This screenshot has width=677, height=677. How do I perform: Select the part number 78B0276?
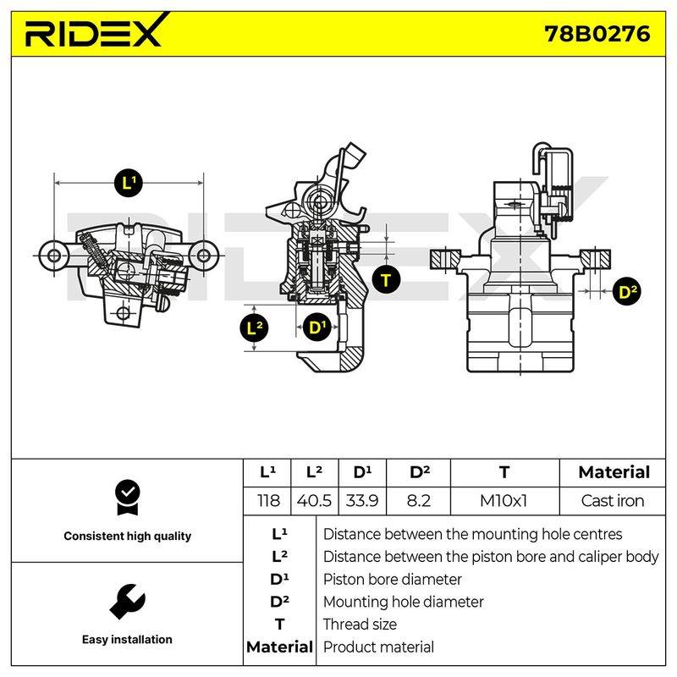pos(597,34)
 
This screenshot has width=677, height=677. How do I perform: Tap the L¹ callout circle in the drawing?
pos(129,183)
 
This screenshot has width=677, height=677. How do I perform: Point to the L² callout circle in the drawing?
pos(254,327)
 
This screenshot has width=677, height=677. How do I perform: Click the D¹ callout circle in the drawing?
pos(317,327)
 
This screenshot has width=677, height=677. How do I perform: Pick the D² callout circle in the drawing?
pos(627,292)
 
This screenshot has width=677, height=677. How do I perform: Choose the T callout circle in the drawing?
pos(386,280)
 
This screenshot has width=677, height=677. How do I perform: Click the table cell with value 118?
pos(268,501)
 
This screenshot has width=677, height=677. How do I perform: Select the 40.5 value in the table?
pos(314,501)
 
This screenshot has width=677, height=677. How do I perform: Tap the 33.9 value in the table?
pos(362,501)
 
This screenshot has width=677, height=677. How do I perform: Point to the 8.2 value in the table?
pos(418,501)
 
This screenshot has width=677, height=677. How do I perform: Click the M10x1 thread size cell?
pos(504,501)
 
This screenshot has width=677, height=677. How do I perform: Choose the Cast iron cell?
pos(612,501)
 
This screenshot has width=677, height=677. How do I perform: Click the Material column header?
pos(614,472)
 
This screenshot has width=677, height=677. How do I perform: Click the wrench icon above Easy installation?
pos(128,602)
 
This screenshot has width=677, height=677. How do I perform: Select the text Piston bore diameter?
pos(392,580)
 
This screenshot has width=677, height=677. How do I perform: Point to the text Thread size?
pos(360,625)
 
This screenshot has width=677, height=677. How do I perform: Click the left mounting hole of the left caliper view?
pos(54,256)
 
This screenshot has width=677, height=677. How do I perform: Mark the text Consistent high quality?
pos(128,537)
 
